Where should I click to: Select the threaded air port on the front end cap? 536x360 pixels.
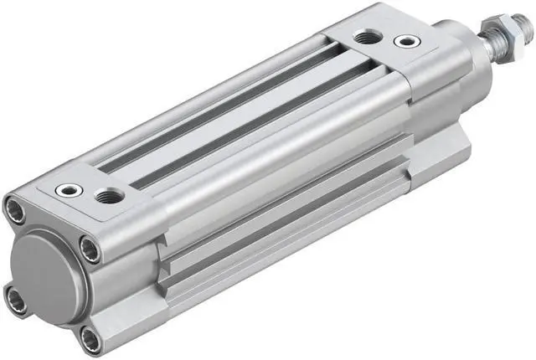click(x=364, y=37)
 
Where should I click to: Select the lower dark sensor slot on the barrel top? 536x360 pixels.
click(x=251, y=126)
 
